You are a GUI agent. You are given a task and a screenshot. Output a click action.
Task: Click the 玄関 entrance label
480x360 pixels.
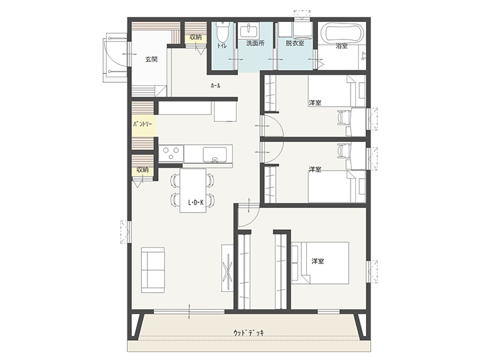(151, 59)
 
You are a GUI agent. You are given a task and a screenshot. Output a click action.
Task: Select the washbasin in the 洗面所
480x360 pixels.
(249, 30)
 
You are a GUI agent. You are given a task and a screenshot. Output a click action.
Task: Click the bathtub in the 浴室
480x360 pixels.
(343, 34)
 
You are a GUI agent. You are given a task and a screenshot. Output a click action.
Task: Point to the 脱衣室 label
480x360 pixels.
(295, 43)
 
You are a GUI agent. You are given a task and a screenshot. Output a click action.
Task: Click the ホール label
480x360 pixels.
(215, 86)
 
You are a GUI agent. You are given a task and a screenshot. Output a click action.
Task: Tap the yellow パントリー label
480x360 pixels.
(143, 125)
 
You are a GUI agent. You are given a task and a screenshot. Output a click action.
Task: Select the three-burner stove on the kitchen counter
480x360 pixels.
(171, 154)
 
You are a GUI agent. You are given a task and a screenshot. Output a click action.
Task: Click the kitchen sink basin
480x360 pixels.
(214, 155)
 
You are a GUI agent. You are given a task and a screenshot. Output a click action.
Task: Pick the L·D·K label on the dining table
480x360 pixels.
(196, 202)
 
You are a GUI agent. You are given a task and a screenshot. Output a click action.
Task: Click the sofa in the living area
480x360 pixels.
(153, 270)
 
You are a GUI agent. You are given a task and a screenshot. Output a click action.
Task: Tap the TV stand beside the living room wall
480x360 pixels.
(227, 268)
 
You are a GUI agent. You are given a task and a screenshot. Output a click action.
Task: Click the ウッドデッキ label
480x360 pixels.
(249, 333)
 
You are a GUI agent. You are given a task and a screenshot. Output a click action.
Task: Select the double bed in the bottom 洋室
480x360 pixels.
(320, 263)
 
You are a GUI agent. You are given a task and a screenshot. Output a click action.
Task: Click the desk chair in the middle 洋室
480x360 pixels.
(343, 152)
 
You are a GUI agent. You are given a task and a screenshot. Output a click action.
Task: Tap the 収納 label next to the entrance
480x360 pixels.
(195, 37)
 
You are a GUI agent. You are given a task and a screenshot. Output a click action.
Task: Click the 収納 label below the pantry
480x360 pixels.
(143, 169)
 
